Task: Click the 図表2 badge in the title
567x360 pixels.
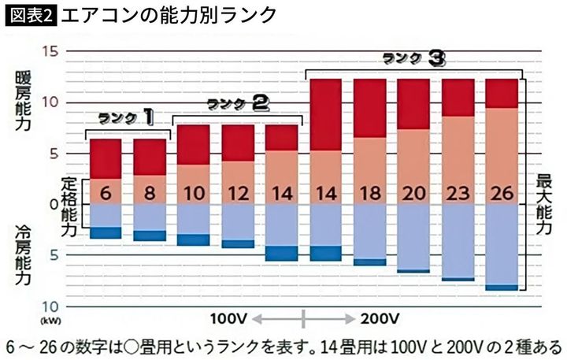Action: pyautogui.click(x=30, y=15)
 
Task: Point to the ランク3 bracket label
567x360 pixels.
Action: pyautogui.click(x=415, y=58)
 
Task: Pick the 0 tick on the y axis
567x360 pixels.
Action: pyautogui.click(x=54, y=204)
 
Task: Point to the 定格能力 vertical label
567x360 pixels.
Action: pyautogui.click(x=70, y=205)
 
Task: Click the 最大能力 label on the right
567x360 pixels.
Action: pyautogui.click(x=543, y=205)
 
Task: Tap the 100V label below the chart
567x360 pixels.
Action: pyautogui.click(x=229, y=319)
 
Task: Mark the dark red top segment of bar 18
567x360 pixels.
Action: pyautogui.click(x=369, y=108)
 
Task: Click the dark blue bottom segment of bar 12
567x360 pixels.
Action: pyautogui.click(x=237, y=243)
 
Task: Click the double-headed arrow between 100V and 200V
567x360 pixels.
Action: pyautogui.click(x=304, y=319)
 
